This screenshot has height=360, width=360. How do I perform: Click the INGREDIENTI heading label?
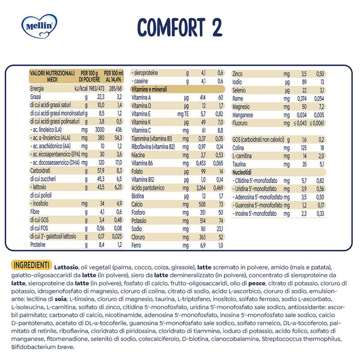click(33, 263)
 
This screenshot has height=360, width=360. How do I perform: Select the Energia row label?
click(38, 89)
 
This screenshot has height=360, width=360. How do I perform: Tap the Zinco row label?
click(238, 73)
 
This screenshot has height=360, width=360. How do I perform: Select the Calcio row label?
click(138, 204)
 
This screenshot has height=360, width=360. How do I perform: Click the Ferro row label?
click(137, 245)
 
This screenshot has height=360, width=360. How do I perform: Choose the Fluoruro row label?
click(242, 123)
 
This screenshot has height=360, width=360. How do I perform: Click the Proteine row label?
click(40, 245)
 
